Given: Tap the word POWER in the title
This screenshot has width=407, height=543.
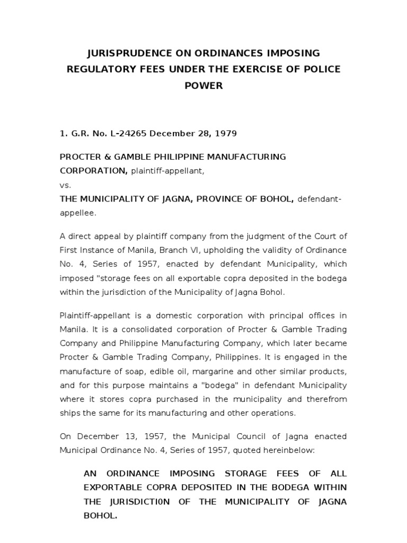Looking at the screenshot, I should tap(203, 85).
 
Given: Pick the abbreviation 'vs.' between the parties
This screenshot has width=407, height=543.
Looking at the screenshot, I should tap(65, 186).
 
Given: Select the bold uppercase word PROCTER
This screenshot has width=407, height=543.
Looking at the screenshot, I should tap(80, 157).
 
